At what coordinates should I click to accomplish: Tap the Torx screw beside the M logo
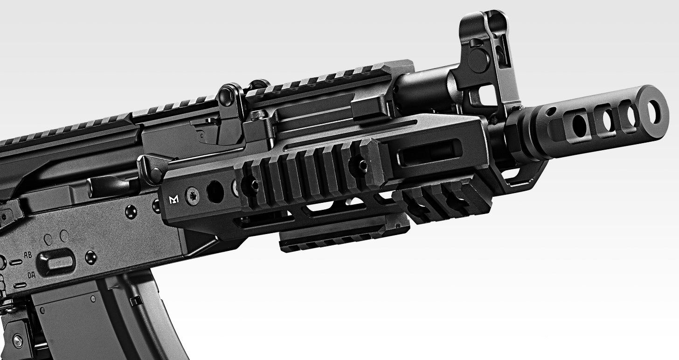pyautogui.click(x=192, y=197)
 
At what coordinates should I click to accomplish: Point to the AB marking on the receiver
pyautogui.click(x=28, y=255)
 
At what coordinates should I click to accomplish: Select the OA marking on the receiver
pyautogui.click(x=31, y=275)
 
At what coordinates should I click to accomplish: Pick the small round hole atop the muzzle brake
pyautogui.click(x=550, y=111)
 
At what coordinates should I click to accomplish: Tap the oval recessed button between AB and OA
pyautogui.click(x=55, y=262)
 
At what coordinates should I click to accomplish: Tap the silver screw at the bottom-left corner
pyautogui.click(x=17, y=341)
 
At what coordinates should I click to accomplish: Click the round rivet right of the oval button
pyautogui.click(x=90, y=257)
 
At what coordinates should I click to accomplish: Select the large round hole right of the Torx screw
pyautogui.click(x=215, y=192)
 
